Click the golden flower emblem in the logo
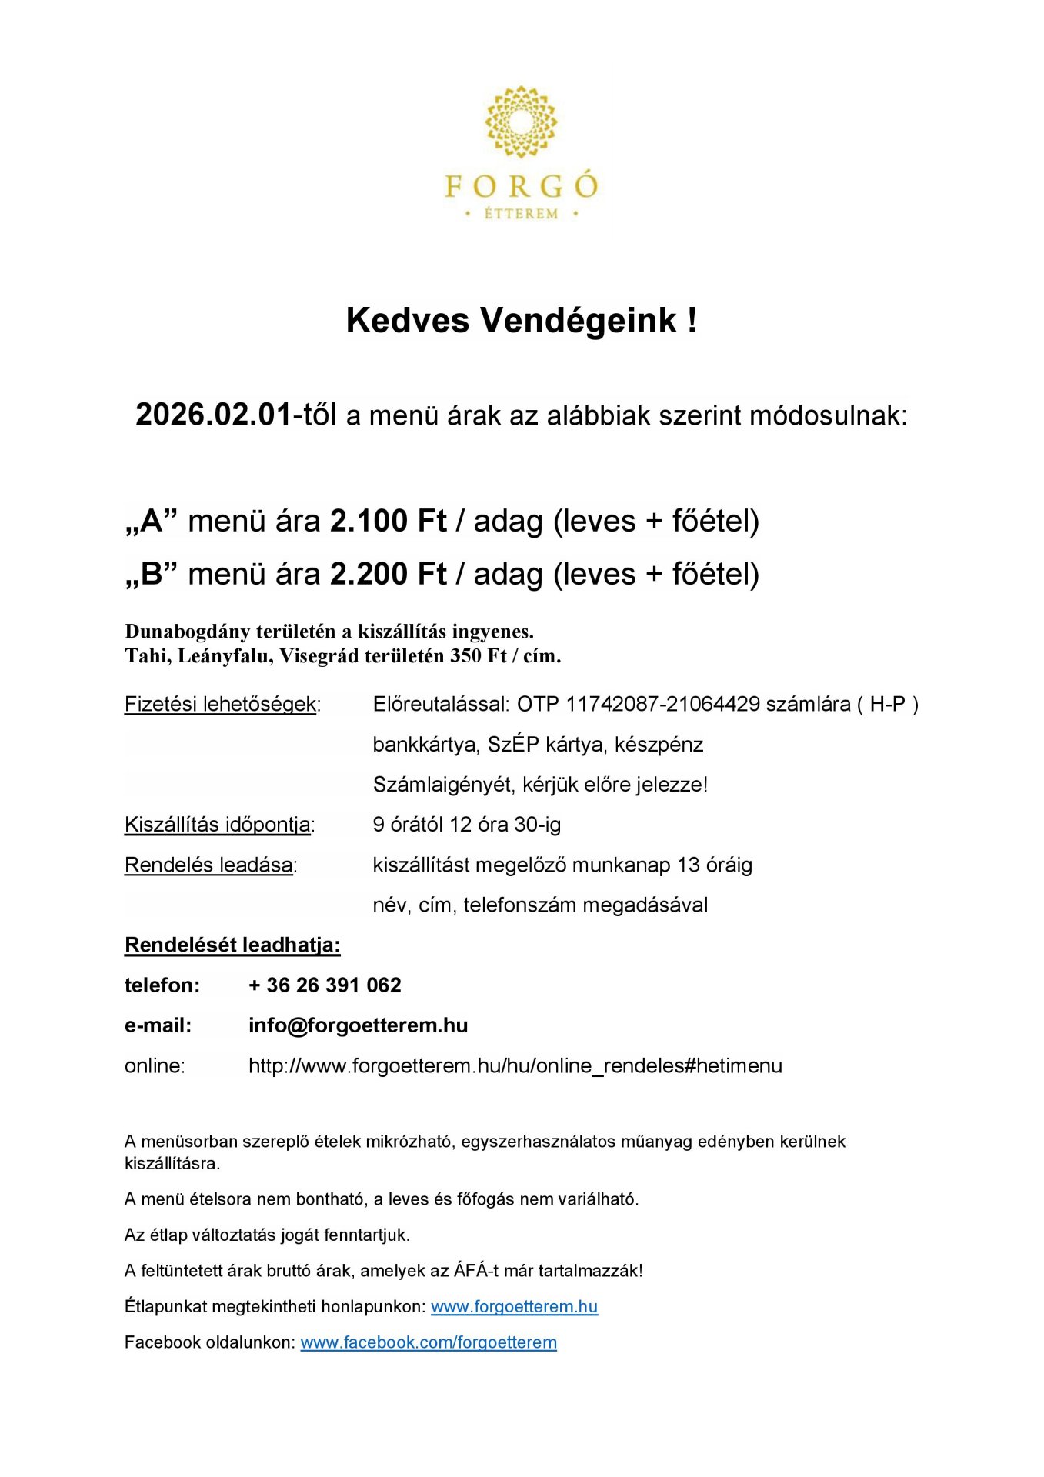tap(521, 122)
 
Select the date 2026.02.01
tap(214, 415)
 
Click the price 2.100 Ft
tap(388, 522)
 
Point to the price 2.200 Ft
tap(388, 575)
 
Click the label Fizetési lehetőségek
tap(221, 704)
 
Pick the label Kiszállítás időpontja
tap(218, 825)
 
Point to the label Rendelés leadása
tap(208, 865)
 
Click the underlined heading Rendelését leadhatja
tap(232, 945)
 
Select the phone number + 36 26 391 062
tap(325, 985)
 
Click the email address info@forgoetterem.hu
tap(358, 1025)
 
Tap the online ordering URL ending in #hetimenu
tap(515, 1066)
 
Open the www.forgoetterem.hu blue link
tap(514, 1307)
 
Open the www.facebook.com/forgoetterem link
tap(429, 1343)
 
